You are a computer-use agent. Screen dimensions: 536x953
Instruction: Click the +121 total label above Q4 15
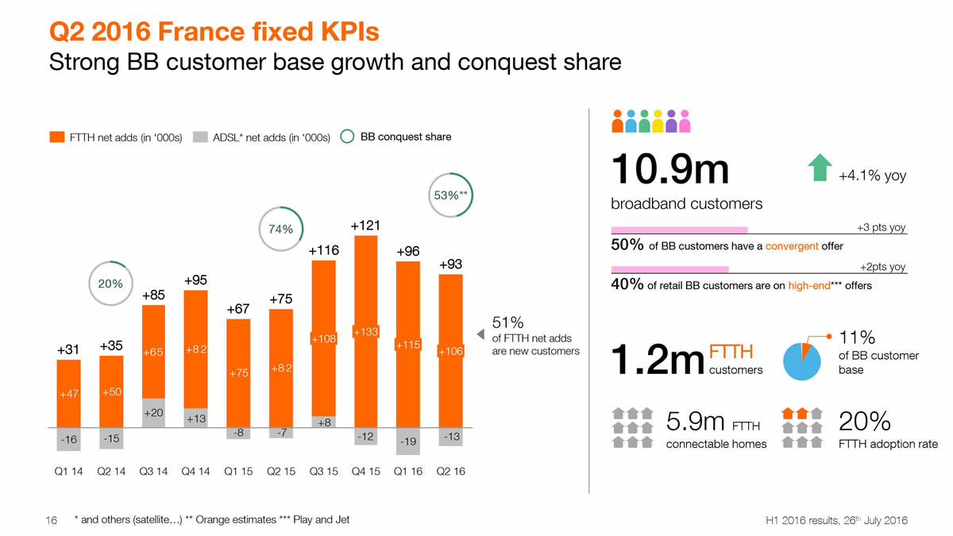point(366,226)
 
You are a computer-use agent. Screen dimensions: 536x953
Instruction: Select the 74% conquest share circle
point(281,229)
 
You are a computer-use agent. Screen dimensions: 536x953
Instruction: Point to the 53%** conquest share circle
point(449,195)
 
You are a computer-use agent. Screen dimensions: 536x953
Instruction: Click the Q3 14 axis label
point(153,471)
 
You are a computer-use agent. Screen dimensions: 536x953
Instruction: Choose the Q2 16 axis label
point(450,471)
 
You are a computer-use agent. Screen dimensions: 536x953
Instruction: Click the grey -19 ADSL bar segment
point(407,441)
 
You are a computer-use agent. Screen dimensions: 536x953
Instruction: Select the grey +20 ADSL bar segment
point(153,413)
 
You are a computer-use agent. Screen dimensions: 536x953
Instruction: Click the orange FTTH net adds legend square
point(56,137)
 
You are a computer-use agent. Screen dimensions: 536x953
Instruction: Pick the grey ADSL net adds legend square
point(199,137)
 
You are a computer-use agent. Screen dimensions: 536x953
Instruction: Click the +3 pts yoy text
point(882,228)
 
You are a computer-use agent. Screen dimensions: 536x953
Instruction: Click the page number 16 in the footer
point(53,520)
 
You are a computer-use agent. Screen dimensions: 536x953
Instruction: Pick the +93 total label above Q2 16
point(450,264)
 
